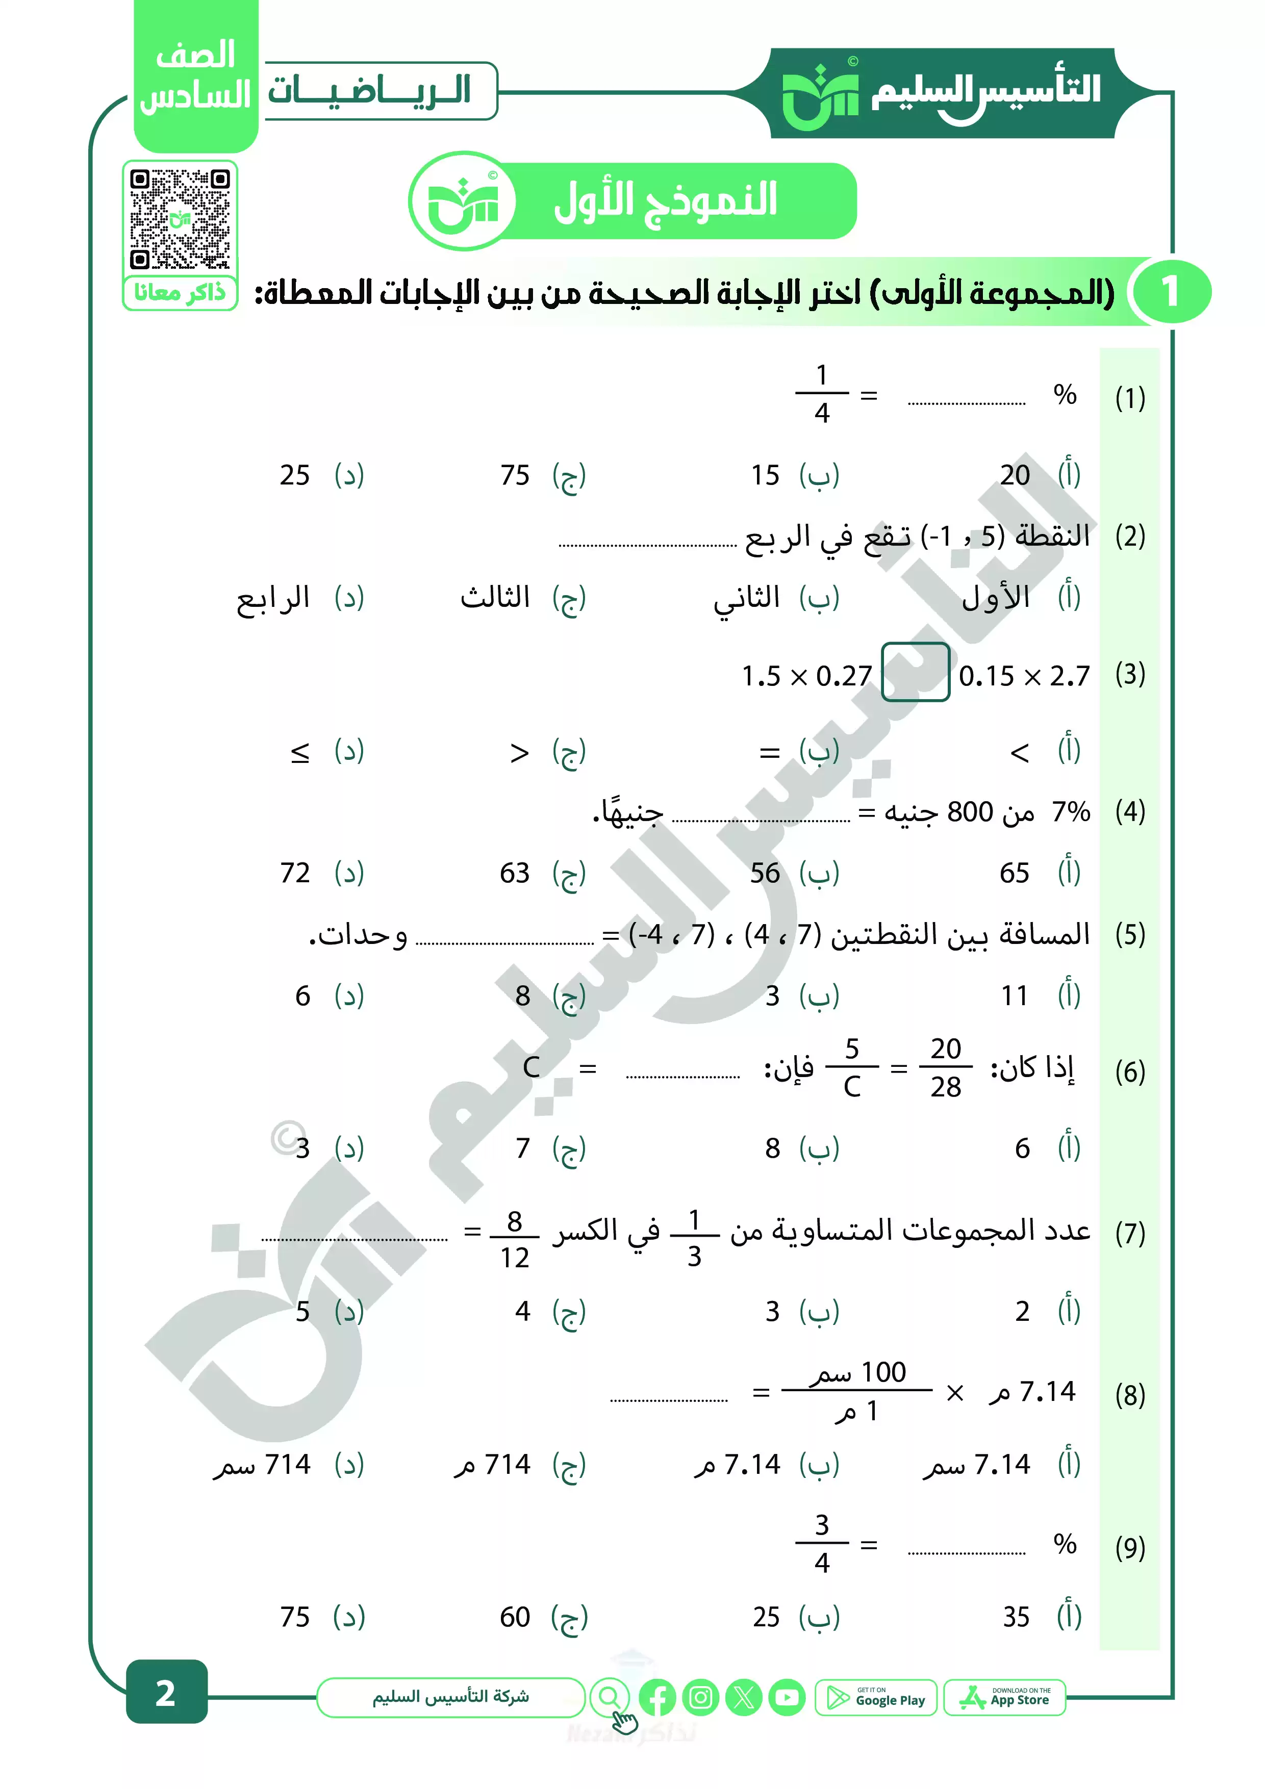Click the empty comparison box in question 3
tap(915, 673)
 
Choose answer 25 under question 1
tap(295, 475)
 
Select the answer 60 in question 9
tap(515, 1618)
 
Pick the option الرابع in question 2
tap(273, 598)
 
